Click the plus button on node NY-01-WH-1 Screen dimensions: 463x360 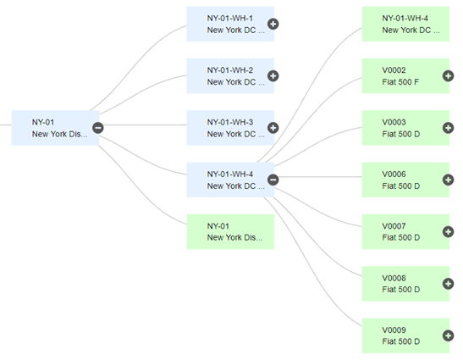coord(273,24)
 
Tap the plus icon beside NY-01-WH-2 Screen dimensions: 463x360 coord(273,76)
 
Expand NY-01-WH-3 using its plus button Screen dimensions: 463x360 coord(273,128)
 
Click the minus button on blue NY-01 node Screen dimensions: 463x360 coord(98,128)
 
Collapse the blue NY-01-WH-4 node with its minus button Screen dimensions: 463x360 coord(273,180)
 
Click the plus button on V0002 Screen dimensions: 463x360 coord(449,76)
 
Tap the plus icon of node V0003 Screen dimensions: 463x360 coord(449,128)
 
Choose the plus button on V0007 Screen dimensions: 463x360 coord(449,232)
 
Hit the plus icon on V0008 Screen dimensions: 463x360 coord(449,284)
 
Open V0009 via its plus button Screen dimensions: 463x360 coord(449,335)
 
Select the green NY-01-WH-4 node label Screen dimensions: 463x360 coord(405,19)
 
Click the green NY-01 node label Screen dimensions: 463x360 coord(218,226)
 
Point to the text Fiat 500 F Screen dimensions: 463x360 coord(400,82)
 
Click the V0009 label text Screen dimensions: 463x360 coord(394,330)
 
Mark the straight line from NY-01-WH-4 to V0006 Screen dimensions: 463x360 coord(321,177)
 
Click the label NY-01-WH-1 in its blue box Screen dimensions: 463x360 coord(229,19)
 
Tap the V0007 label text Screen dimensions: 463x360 coord(394,226)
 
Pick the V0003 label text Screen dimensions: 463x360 coord(394,122)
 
